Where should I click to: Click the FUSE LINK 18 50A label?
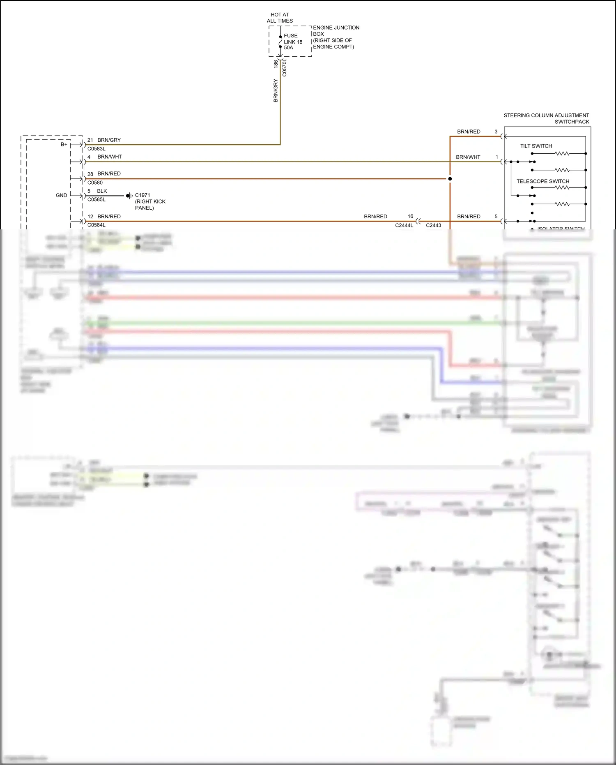coord(293,42)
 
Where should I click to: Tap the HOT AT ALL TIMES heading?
coord(280,18)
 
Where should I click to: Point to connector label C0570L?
coord(285,68)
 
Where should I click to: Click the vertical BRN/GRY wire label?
coord(276,90)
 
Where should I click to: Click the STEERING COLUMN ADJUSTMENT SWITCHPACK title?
coord(546,118)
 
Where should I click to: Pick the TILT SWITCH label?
coord(536,146)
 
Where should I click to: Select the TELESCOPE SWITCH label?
coord(542,181)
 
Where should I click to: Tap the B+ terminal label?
coord(64,144)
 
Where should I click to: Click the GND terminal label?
coord(61,195)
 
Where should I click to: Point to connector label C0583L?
coord(96,149)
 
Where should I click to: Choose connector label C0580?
coord(95,183)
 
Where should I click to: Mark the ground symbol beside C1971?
coord(129,196)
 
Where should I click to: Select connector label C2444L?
coord(404,225)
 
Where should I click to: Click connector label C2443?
coord(433,225)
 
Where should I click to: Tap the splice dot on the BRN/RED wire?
coord(450,179)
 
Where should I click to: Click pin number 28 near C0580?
coord(90,174)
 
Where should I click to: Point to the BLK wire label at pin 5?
coord(102,191)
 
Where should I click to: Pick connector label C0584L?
coord(96,225)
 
